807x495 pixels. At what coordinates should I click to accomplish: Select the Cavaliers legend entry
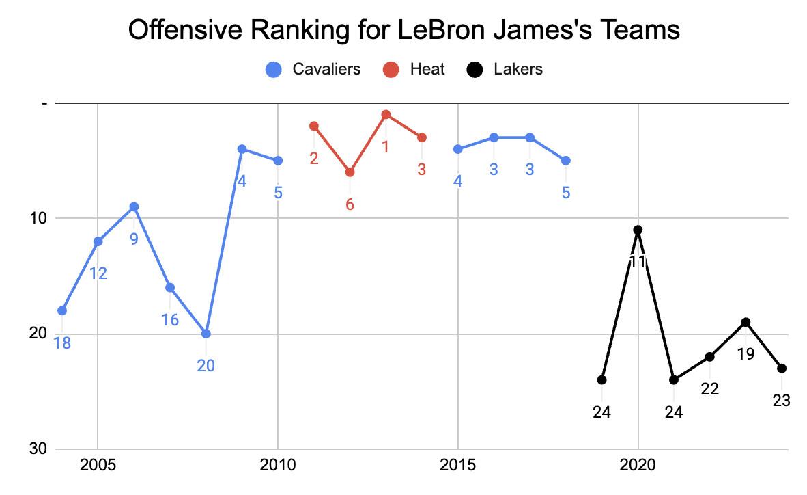326,69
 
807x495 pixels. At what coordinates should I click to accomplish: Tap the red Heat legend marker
391,69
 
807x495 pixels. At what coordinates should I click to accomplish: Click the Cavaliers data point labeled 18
62,310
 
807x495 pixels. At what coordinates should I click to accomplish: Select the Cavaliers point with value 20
206,334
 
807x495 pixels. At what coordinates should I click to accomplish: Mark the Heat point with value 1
386,114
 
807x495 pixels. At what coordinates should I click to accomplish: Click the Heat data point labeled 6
350,172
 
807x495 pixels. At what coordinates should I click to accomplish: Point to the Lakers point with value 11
638,230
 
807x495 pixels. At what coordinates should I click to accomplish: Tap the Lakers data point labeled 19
746,322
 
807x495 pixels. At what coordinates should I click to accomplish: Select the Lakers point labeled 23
782,368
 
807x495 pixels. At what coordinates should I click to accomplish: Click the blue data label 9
134,239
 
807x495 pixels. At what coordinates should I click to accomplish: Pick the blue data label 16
170,319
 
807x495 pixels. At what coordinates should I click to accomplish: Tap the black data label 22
710,389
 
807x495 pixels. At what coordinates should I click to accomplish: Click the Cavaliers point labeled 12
98,241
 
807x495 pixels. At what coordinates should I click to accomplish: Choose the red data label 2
314,159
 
